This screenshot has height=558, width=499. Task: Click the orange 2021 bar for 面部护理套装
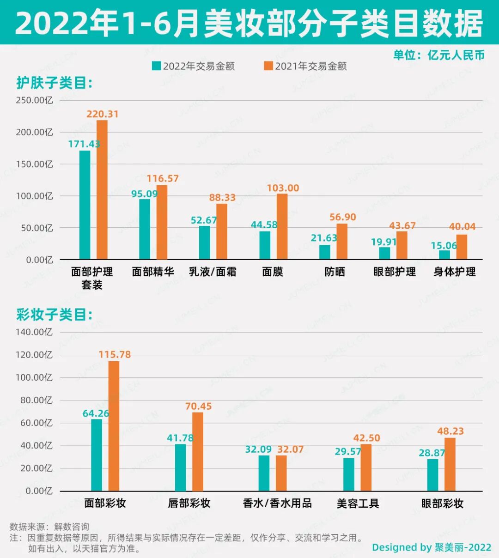tap(102, 190)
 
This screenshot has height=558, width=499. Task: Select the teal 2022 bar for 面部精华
tap(145, 229)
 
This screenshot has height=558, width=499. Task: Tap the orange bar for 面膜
tap(282, 226)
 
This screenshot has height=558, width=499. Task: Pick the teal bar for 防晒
tap(325, 252)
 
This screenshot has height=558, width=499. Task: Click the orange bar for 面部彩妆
tap(114, 426)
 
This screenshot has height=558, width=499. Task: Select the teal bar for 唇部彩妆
tap(180, 467)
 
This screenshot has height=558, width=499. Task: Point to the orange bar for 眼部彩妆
tap(450, 464)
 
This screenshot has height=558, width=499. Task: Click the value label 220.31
tap(103, 114)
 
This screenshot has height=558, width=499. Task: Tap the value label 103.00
tap(283, 188)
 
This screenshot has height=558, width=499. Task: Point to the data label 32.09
tap(258, 449)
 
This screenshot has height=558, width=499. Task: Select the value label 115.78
tap(115, 355)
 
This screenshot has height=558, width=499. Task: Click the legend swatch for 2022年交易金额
tap(157, 66)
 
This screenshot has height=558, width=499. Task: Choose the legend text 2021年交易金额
tap(310, 66)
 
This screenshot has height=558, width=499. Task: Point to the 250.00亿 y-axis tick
tap(34, 100)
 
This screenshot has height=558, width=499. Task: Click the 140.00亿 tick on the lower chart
tap(34, 332)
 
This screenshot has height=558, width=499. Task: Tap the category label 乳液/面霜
tap(213, 272)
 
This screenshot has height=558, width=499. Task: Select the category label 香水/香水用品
tap(277, 503)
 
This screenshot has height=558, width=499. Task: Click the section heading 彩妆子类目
tap(55, 315)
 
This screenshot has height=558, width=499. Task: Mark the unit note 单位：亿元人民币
tap(438, 55)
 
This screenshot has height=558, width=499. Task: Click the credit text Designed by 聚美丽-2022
tap(431, 547)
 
